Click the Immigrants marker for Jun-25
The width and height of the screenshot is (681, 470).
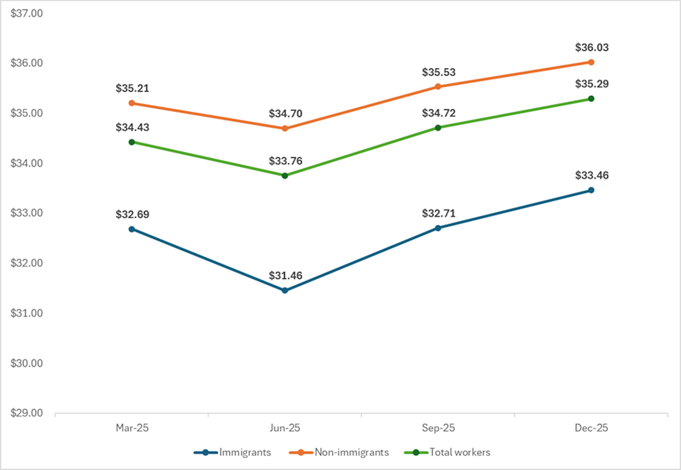click(285, 290)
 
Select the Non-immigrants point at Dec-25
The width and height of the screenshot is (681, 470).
click(591, 62)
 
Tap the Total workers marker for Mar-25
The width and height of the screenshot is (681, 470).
click(132, 142)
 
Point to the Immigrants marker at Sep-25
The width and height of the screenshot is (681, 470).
click(438, 228)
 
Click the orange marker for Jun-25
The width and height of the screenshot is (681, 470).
click(285, 128)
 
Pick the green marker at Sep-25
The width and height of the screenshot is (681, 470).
click(438, 128)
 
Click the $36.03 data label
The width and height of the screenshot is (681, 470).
click(592, 47)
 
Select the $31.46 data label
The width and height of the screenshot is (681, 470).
click(285, 275)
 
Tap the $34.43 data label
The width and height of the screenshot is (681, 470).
click(132, 127)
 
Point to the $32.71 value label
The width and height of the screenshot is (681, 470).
click(438, 213)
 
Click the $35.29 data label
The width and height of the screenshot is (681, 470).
click(592, 84)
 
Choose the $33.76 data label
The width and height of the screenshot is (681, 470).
click(285, 161)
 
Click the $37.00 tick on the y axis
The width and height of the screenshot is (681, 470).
click(27, 13)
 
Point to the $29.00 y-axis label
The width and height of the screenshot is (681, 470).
click(27, 413)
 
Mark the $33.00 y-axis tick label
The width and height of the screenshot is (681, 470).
click(27, 213)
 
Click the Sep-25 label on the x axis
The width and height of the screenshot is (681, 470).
click(438, 428)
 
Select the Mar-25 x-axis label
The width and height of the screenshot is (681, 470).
click(132, 428)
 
